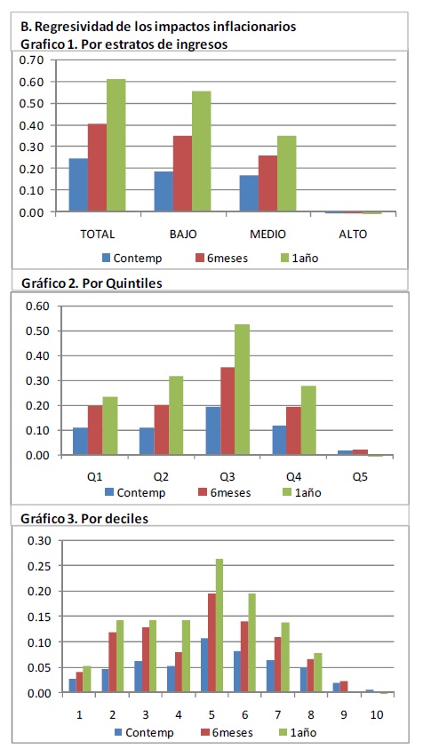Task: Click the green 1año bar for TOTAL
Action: click(116, 145)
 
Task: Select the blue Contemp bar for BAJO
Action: click(164, 192)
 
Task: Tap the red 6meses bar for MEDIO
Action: click(267, 183)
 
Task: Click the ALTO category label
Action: click(353, 234)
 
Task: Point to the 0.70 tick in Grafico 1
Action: click(31, 60)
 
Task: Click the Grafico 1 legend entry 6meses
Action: click(222, 259)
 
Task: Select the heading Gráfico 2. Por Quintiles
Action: click(92, 283)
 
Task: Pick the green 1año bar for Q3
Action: click(242, 389)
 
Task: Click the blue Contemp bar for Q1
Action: click(80, 441)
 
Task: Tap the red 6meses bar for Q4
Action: click(294, 430)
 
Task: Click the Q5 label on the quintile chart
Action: click(360, 477)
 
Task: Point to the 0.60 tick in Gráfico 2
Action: click(38, 307)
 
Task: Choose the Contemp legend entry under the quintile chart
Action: click(135, 492)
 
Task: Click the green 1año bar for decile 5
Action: click(219, 625)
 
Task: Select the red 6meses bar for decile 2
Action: click(112, 663)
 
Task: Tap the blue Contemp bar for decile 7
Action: click(270, 676)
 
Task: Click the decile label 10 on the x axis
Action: click(377, 714)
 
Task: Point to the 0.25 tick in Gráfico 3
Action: click(39, 566)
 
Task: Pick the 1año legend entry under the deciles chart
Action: click(299, 732)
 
